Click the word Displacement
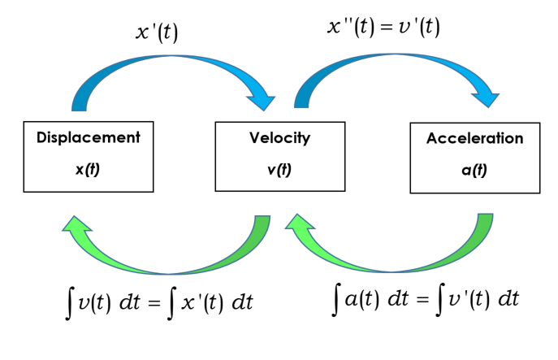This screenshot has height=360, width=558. pos(89,137)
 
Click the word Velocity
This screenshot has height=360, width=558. pos(279,137)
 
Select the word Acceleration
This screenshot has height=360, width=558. pos(475,139)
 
